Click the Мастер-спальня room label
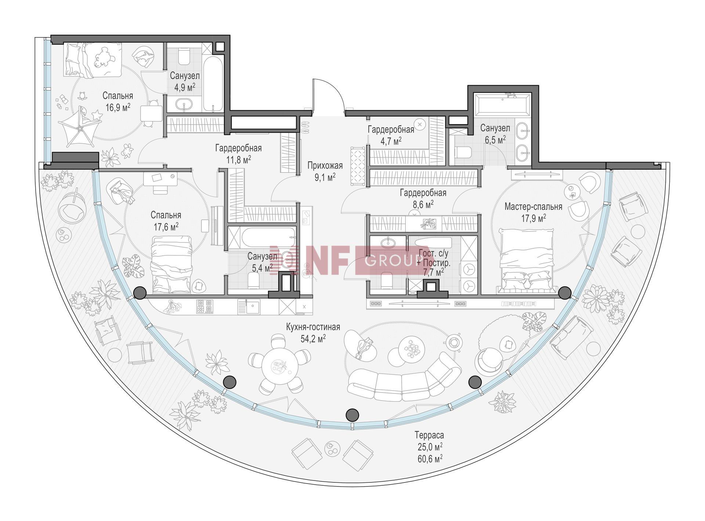pos(533,206)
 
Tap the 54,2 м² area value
pos(313,338)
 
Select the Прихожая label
pos(325,166)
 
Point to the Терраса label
pos(429,435)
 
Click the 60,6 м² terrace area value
pos(429,458)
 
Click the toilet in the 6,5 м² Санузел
pos(463,152)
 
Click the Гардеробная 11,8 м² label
pos(238,154)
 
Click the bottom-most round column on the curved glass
pos(352,414)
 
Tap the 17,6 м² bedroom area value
pos(166,227)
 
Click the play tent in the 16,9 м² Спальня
pos(80,130)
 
